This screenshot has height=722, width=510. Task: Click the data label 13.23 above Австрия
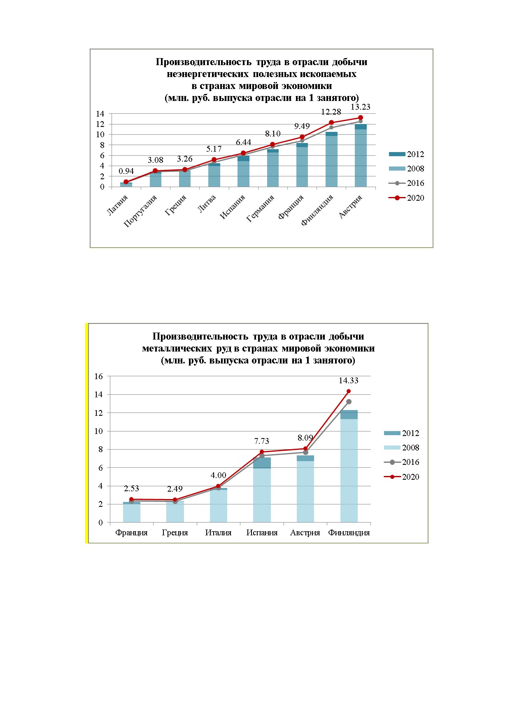[360, 107]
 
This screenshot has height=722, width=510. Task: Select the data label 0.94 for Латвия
[126, 171]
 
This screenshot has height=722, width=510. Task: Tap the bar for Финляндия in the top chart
[331, 159]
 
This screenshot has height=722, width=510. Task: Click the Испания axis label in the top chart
[233, 207]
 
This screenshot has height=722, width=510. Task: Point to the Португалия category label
[140, 211]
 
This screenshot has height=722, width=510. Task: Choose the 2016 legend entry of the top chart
[406, 183]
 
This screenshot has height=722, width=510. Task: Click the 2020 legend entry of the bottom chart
[401, 477]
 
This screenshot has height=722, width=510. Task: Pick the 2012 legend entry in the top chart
[406, 154]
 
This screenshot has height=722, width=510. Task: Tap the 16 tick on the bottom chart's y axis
[98, 376]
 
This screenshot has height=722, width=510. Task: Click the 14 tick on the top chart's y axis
[100, 114]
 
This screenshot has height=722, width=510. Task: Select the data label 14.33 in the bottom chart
[349, 380]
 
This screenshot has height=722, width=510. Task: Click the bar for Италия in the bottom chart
[219, 505]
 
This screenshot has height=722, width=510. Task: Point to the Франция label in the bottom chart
[132, 532]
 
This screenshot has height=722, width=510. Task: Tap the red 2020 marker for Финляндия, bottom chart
[349, 391]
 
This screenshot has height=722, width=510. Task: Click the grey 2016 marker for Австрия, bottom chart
[305, 452]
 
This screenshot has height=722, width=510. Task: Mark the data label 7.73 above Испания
[262, 441]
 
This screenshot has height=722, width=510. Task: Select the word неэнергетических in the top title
[208, 74]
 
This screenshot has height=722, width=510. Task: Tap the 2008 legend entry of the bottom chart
[401, 448]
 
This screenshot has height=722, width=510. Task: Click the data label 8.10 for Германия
[273, 134]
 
